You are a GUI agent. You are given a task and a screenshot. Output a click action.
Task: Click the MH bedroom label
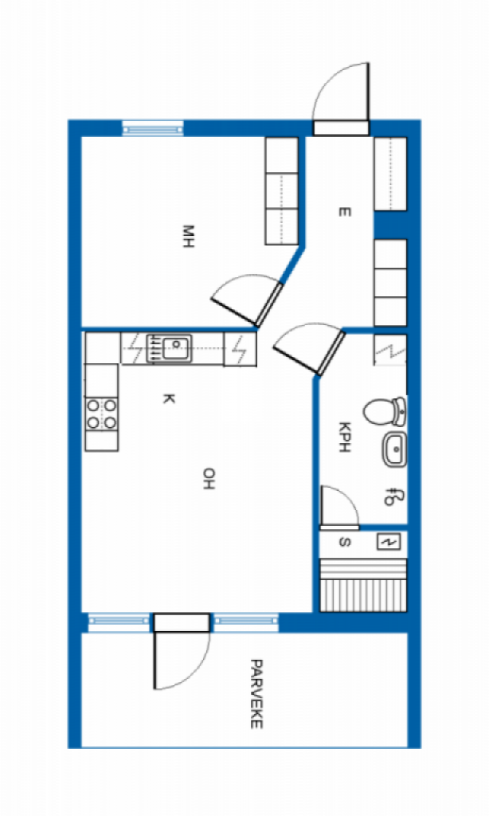coord(188,236)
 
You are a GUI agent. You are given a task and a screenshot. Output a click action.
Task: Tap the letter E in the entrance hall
coord(344,212)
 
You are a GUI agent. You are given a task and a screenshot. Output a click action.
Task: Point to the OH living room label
coord(209,479)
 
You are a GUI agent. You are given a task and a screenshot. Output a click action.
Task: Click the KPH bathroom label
coord(344,437)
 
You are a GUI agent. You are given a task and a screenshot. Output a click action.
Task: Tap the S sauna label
coord(344,542)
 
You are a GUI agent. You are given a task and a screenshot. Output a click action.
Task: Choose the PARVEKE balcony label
coord(256,694)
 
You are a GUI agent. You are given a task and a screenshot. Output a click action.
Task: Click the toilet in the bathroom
coord(385,411)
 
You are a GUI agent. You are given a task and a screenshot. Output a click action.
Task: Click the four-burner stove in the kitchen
coord(101,414)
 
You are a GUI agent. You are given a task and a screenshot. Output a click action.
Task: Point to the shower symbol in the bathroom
coord(391,496)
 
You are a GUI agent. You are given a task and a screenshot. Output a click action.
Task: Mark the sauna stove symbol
coord(389,542)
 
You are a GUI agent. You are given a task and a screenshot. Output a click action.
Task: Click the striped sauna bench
coord(363,586)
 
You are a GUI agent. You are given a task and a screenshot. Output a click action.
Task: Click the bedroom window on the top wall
coord(153,128)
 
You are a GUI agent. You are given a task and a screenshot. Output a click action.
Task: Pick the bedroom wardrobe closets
coord(281,191)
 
